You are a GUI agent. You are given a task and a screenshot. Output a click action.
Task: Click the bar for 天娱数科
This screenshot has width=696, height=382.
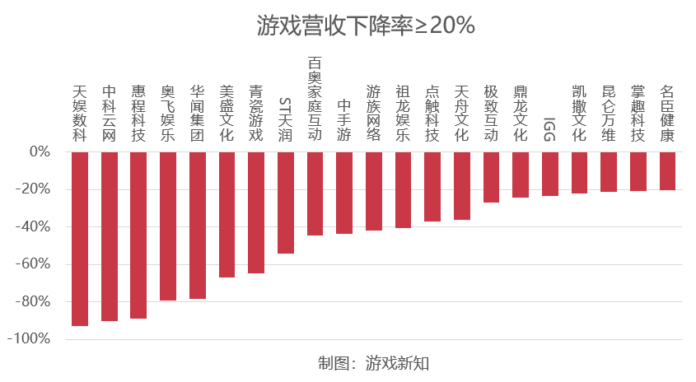pos(80,239)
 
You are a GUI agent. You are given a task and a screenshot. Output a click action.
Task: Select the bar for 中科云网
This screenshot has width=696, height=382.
pos(109,236)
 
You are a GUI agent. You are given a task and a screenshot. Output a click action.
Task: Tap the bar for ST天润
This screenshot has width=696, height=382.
pos(286,203)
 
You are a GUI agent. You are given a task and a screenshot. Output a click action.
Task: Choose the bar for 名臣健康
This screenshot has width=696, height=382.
pos(667,171)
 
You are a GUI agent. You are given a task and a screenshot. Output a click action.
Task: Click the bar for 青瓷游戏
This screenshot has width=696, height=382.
pos(256,212)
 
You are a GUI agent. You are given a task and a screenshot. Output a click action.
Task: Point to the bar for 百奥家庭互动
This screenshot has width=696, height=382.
pos(315,193)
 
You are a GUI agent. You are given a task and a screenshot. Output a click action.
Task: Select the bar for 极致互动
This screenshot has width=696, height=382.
pos(491,177)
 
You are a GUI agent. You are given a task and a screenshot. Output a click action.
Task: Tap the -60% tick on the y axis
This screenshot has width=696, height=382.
pos(35,264)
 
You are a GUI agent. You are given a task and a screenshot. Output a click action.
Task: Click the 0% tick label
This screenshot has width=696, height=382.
pos(40,152)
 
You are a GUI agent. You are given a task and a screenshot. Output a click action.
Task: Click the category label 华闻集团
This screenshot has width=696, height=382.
pos(198,114)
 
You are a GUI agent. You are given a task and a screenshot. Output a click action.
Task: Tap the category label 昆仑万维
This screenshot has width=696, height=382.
pos(609,114)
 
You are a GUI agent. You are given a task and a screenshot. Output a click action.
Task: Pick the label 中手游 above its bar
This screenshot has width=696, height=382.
pos(344,121)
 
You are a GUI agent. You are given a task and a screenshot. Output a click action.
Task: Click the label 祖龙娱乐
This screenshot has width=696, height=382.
pos(403,114)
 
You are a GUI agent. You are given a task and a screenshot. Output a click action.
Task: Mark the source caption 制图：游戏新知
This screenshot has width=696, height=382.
pos(375,363)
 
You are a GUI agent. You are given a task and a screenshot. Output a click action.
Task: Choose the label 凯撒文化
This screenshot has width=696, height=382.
pos(579,114)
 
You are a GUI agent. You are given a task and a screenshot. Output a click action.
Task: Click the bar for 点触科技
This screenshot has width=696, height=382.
pos(432,187)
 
